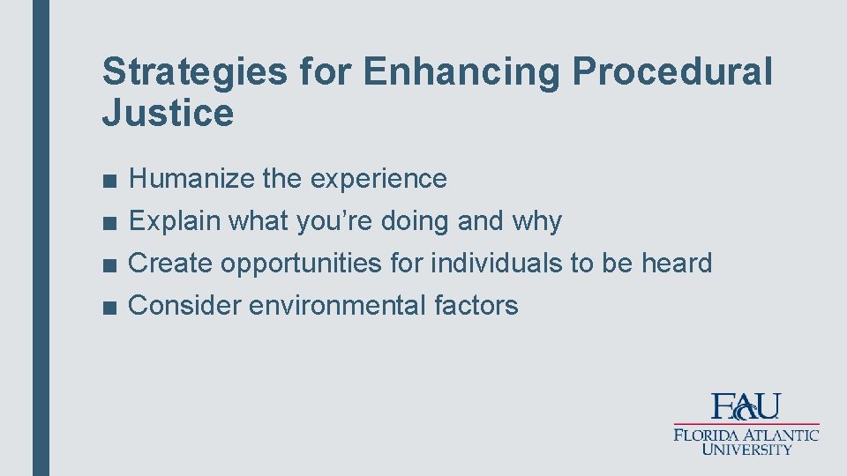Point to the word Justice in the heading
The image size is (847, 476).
point(168,114)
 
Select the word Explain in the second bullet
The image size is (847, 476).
point(175,221)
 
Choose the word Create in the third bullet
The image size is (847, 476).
point(171,264)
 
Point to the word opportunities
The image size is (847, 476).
point(300,264)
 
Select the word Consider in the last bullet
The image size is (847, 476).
point(185,306)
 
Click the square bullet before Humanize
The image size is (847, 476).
point(108,180)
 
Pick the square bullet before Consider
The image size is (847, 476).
point(108,307)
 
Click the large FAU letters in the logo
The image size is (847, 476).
point(746,406)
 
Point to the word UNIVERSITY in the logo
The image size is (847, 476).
point(746,449)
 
